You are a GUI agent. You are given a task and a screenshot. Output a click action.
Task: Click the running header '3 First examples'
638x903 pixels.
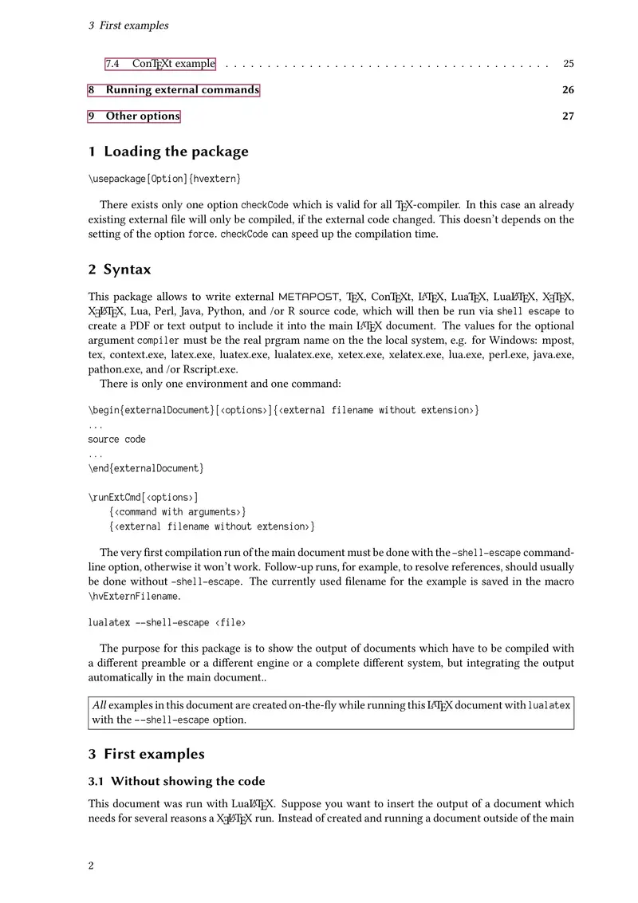click(128, 26)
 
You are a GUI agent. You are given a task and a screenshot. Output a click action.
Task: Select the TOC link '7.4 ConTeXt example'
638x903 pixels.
click(160, 64)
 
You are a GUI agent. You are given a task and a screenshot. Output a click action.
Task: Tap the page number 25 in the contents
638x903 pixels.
click(568, 64)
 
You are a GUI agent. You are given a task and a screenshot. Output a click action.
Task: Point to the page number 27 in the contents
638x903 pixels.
click(568, 116)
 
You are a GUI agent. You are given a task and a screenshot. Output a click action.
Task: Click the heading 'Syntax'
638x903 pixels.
click(127, 270)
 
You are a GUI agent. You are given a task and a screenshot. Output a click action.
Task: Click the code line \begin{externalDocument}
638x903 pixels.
click(283, 410)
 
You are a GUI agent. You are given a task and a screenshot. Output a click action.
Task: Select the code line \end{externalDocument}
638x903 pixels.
click(146, 468)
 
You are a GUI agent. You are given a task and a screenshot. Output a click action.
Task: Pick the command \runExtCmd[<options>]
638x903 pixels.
click(144, 497)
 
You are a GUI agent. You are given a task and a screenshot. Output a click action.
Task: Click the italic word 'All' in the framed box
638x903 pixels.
click(99, 706)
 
